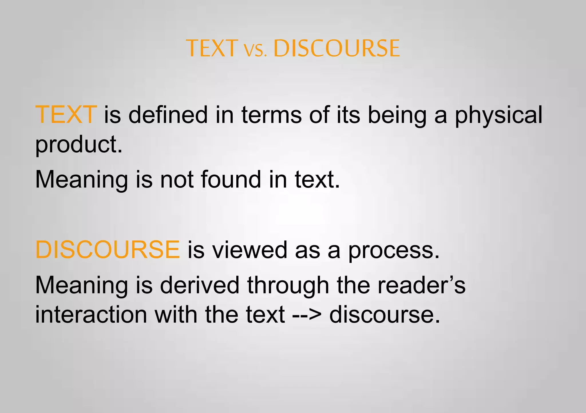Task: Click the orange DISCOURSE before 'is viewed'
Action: point(108,250)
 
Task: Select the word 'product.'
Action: point(79,144)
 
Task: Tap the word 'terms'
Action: point(272,115)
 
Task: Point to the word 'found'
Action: point(231,179)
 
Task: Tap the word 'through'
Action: point(288,286)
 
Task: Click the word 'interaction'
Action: point(91,314)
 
